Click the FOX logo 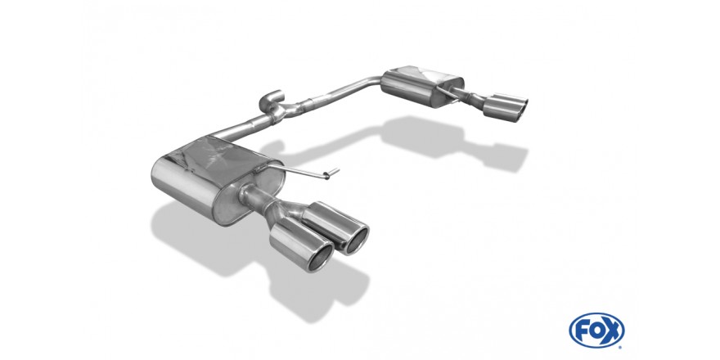[596, 331]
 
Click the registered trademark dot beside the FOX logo [621, 347]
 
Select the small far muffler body [422, 88]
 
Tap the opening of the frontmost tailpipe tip [320, 257]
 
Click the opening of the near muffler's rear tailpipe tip [357, 241]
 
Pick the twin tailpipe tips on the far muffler [505, 107]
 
